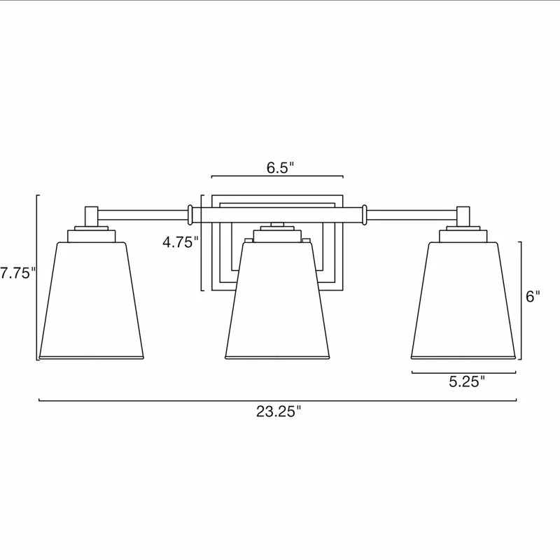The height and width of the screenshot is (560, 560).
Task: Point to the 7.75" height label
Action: coord(17,274)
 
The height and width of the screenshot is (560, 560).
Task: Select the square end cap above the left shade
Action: coord(91,216)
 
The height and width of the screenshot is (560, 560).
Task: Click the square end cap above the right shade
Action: coord(463,216)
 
